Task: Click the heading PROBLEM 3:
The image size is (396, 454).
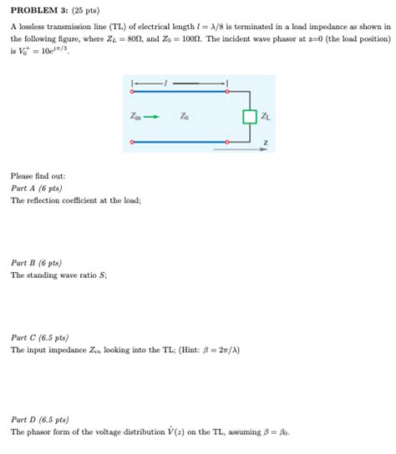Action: pos(38,11)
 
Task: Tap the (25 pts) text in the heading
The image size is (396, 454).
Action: pos(84,11)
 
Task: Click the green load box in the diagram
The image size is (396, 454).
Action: pos(249,117)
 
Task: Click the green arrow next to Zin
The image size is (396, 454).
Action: pos(151,117)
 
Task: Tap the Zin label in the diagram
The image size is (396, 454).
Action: pos(136,117)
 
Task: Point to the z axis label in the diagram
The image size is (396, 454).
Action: pos(266,143)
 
